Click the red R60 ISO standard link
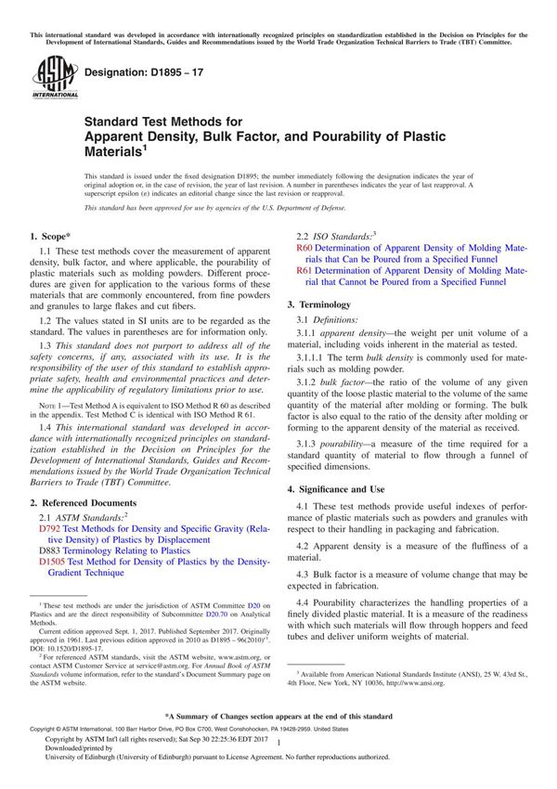304,249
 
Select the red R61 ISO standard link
304,270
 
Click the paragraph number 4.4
306,602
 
